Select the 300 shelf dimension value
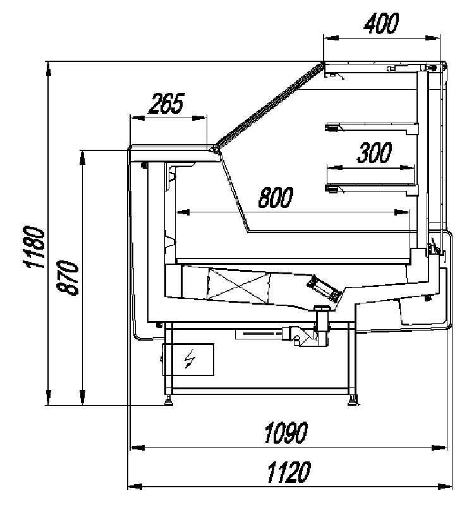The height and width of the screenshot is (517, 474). point(374,154)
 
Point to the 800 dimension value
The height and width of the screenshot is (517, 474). point(276,198)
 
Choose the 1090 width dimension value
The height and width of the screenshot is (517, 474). point(286,434)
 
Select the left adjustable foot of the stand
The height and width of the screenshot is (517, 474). point(169,399)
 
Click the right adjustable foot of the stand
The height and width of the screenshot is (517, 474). point(352,399)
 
